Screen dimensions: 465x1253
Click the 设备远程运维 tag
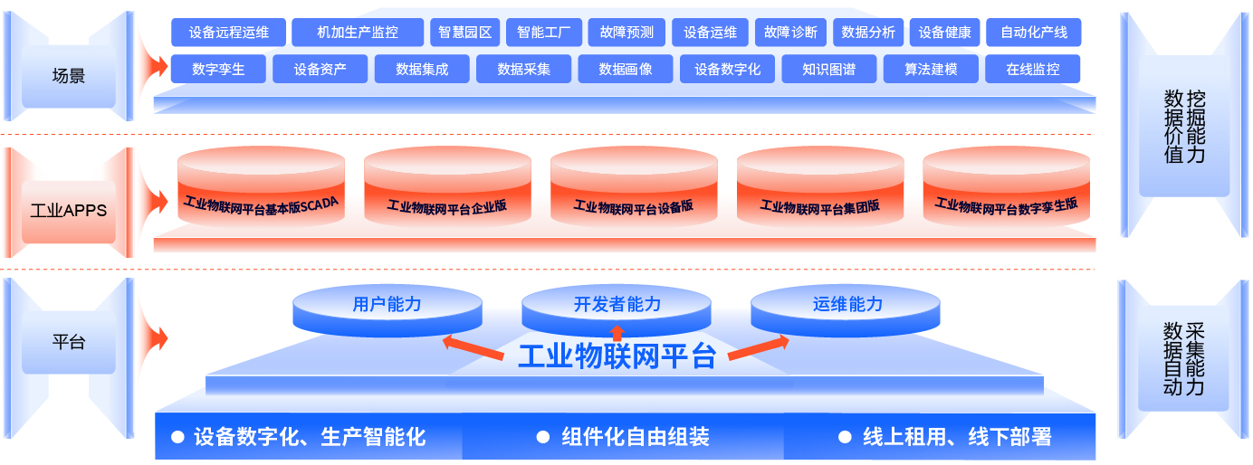point(228,33)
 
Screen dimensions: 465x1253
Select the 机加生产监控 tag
point(358,33)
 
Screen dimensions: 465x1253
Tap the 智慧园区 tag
point(464,33)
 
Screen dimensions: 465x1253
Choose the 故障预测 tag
point(626,33)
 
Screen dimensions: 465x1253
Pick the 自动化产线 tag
point(1033,33)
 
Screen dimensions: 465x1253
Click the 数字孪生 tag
point(218,69)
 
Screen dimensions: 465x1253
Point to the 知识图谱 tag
point(828,69)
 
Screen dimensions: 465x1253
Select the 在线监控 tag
point(1032,69)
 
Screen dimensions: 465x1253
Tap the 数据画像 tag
point(626,69)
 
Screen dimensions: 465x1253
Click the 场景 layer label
point(69,77)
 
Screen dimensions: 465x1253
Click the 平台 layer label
point(69,343)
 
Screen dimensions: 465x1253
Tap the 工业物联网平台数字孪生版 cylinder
point(1006,199)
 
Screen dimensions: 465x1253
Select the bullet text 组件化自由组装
point(635,438)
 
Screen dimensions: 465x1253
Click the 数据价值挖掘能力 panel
point(1184,127)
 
